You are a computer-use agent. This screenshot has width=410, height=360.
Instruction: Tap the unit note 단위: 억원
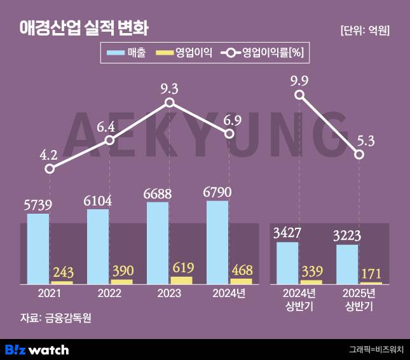tap(364, 30)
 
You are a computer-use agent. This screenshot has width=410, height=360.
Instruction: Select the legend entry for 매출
tap(128, 53)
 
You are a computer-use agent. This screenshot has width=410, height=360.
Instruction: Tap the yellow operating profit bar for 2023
tap(181, 280)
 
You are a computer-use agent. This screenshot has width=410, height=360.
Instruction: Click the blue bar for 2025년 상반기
tap(347, 264)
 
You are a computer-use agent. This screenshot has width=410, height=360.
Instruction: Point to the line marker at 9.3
tap(169, 102)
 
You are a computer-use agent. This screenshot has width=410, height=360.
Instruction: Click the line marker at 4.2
tap(50, 169)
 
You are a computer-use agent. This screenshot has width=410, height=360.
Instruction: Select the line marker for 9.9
tap(300, 95)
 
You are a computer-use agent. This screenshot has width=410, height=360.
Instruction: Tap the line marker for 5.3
tap(360, 155)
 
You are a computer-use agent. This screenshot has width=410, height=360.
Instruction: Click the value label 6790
tap(217, 191)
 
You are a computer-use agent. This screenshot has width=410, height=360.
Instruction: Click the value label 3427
tap(287, 232)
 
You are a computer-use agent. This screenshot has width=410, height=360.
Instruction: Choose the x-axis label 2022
tap(109, 294)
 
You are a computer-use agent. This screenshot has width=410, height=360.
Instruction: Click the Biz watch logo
tap(37, 349)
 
